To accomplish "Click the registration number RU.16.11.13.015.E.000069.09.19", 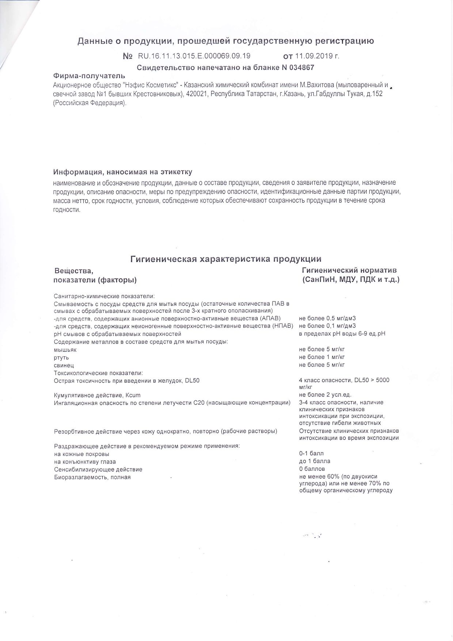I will click(194, 56).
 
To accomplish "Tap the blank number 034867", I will click(301, 68).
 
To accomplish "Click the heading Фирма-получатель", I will click(89, 76).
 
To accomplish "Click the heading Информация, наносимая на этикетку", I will click(123, 172).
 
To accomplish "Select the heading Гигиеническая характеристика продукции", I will click(226, 259).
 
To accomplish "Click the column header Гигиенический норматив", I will click(349, 270).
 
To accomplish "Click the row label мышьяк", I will click(65, 350).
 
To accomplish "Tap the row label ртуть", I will click(61, 357).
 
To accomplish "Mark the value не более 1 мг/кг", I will click(322, 357).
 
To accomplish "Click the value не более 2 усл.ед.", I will click(325, 395).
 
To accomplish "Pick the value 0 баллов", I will click(312, 469).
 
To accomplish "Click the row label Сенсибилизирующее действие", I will click(98, 469).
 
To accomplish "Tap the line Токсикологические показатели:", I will click(98, 373).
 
